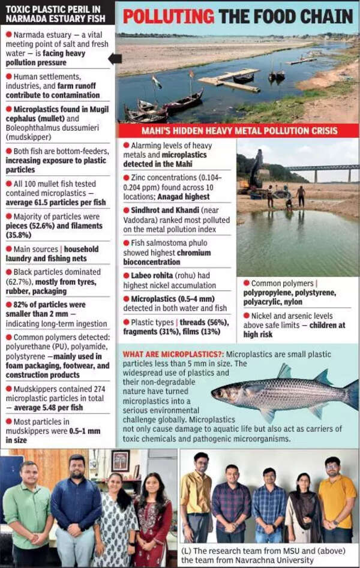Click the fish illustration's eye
[222, 392]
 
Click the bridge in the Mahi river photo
[321, 169]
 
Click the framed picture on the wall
[120, 460]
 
